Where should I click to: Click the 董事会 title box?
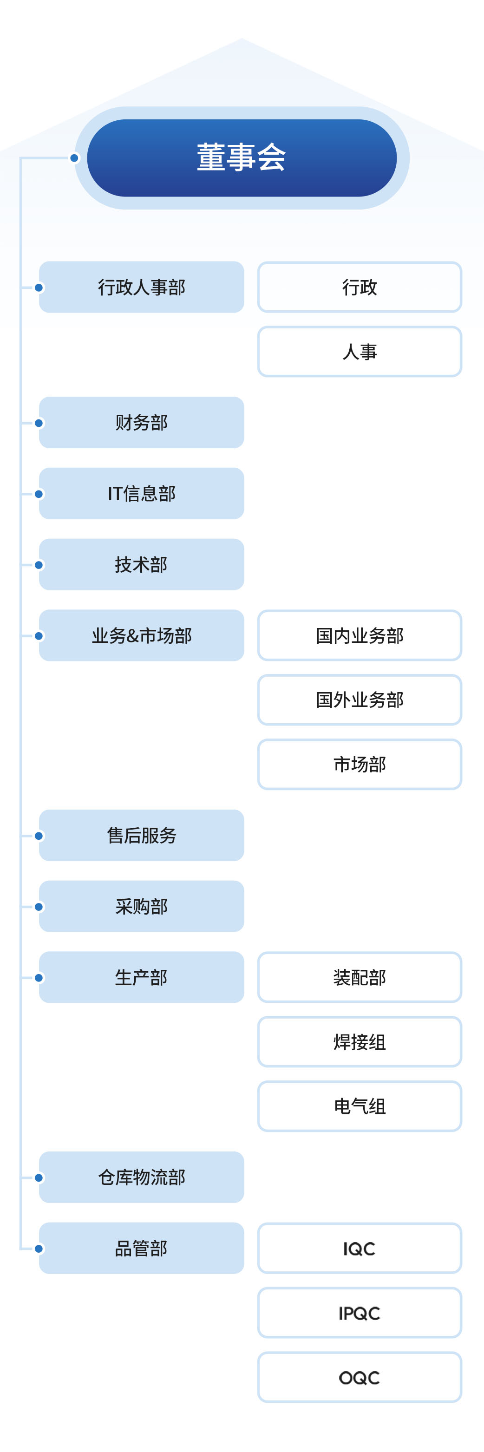[242, 158]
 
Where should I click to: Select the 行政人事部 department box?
[141, 287]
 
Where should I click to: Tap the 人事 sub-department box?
[360, 351]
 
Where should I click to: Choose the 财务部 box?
[141, 422]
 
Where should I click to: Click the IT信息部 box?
[141, 493]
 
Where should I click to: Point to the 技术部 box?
[141, 564]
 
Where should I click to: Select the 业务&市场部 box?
[141, 635]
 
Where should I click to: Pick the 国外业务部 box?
[360, 700]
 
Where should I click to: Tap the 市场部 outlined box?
[360, 765]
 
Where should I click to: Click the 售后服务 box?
[141, 835]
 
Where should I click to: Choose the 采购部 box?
[141, 906]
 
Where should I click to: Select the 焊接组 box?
[360, 1042]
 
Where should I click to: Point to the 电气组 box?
[360, 1106]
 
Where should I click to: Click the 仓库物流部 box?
[141, 1177]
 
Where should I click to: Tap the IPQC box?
[360, 1313]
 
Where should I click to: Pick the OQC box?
[360, 1377]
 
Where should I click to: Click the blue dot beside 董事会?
[74, 158]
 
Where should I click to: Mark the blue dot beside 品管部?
[39, 1249]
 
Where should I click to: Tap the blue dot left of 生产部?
[39, 978]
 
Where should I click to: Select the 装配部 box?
[360, 977]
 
